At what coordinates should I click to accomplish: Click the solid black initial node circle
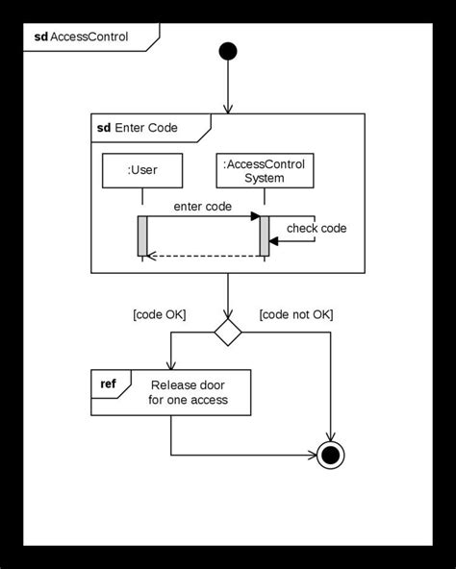(228, 50)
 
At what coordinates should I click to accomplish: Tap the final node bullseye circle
(331, 454)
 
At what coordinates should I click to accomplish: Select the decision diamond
(228, 333)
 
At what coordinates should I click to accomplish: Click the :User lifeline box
(141, 170)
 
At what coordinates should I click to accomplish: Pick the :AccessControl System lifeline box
(264, 170)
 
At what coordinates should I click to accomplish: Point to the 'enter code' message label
(203, 206)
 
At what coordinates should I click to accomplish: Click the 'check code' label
(317, 228)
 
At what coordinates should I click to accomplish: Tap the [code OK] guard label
(159, 313)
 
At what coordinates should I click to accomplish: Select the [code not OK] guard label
(296, 313)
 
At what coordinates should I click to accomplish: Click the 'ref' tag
(109, 384)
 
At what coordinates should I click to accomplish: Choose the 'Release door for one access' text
(189, 391)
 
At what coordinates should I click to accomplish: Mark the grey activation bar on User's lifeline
(142, 236)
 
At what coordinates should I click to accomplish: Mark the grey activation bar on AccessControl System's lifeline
(264, 236)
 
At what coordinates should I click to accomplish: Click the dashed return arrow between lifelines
(203, 256)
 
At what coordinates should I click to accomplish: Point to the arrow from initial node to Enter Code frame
(228, 87)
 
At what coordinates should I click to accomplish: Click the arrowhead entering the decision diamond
(228, 315)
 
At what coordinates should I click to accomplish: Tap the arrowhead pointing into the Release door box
(170, 363)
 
